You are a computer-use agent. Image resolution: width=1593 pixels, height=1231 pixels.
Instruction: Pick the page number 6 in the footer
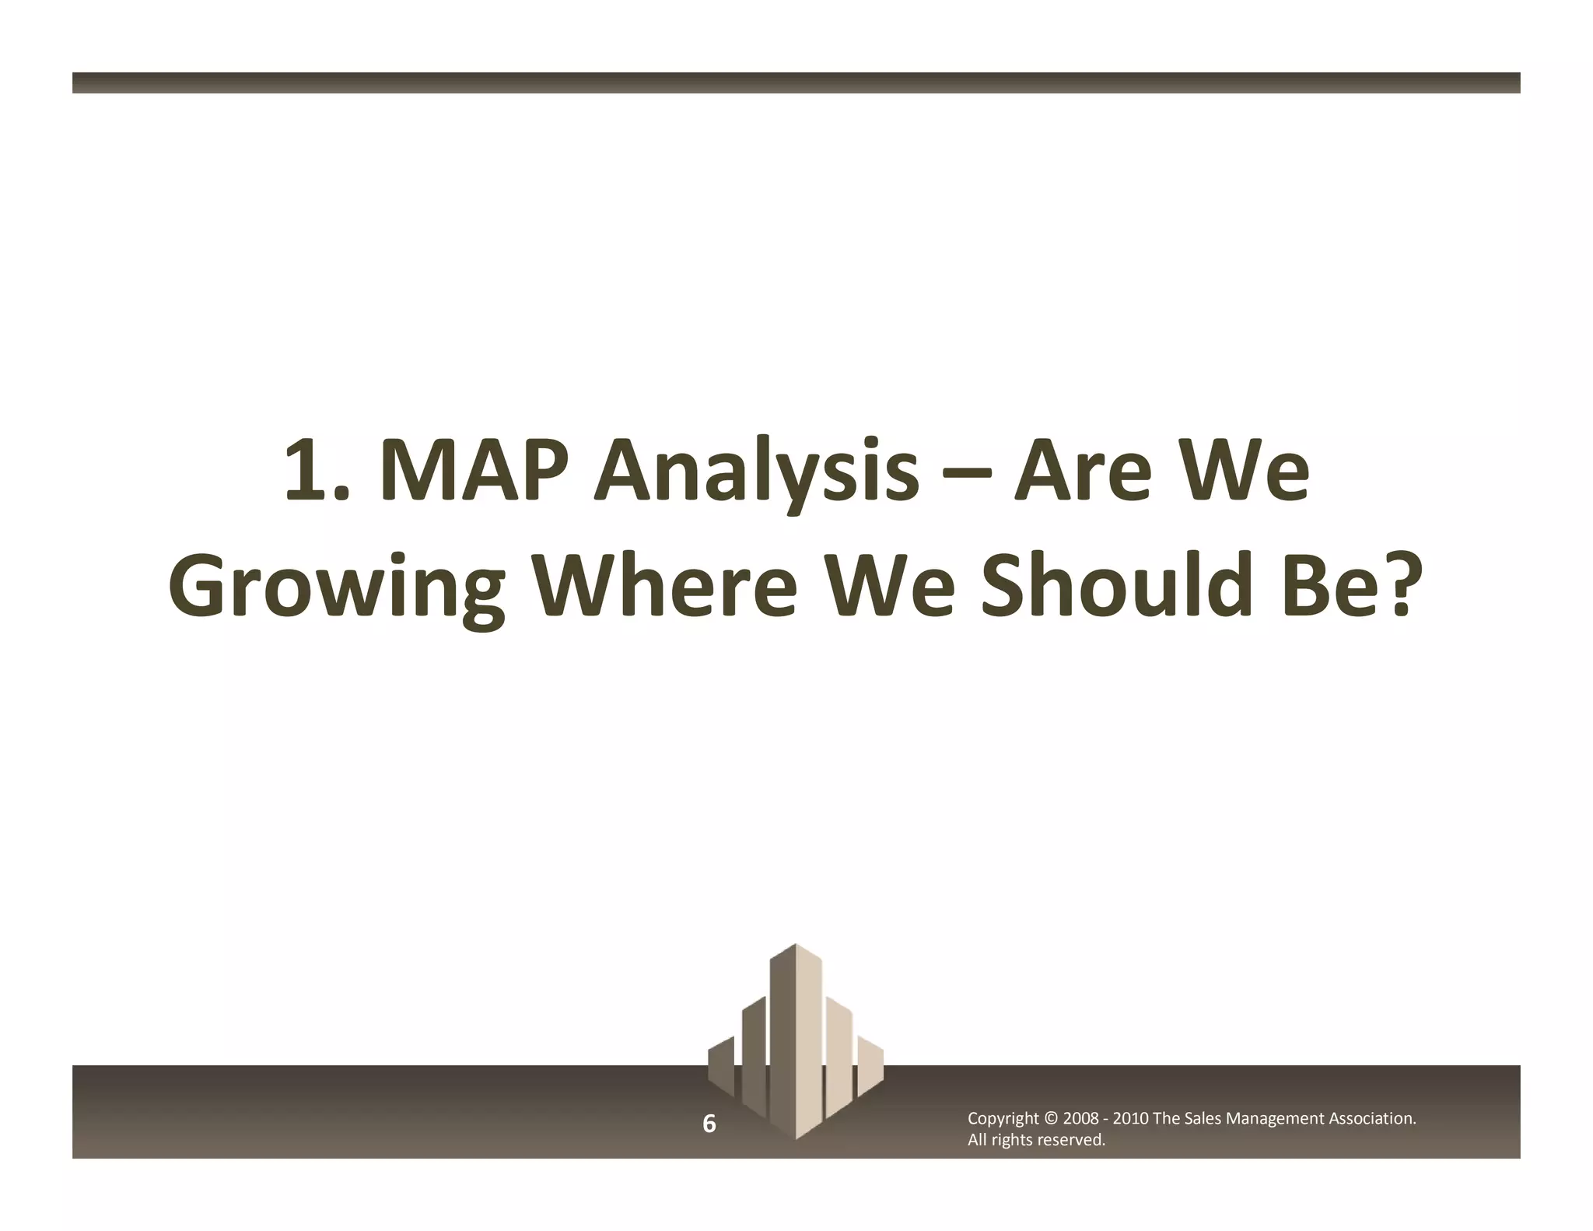(x=709, y=1124)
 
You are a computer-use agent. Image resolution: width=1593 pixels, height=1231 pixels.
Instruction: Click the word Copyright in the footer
(x=1003, y=1119)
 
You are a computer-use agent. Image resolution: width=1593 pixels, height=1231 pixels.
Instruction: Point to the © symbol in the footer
(x=1050, y=1119)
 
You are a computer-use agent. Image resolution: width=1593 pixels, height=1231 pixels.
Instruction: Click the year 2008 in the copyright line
(x=1080, y=1119)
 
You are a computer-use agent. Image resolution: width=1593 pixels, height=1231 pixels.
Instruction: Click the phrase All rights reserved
(x=1036, y=1141)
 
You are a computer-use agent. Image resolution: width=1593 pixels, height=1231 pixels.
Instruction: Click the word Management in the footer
(x=1274, y=1119)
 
